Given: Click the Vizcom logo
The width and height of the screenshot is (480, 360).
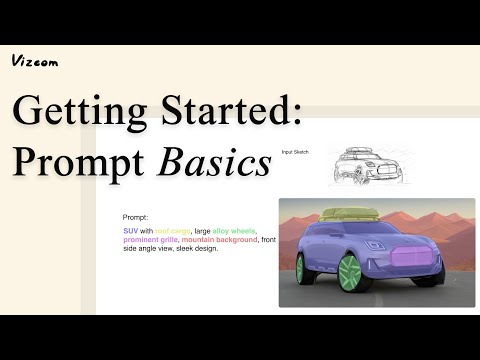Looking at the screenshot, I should click(35, 61).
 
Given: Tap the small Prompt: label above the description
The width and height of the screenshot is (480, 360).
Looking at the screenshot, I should click(135, 217).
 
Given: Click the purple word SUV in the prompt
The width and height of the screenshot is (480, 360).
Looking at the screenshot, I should click(130, 230).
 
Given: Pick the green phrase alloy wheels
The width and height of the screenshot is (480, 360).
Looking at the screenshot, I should click(234, 230).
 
